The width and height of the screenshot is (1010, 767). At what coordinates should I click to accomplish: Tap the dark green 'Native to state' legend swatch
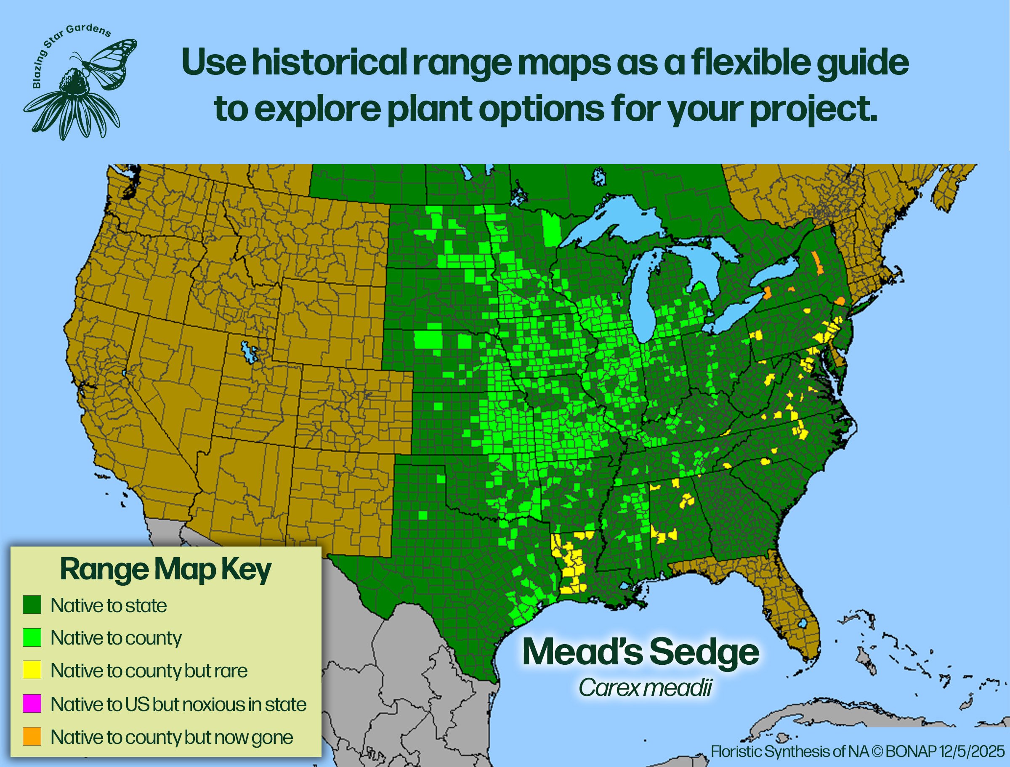pos(32,605)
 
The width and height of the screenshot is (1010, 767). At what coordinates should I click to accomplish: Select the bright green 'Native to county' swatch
pos(32,637)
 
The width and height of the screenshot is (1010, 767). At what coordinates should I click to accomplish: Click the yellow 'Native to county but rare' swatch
pos(32,670)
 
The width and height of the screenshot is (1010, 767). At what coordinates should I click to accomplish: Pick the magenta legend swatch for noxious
pos(32,703)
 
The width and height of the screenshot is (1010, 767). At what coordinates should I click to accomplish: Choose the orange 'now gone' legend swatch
pos(32,736)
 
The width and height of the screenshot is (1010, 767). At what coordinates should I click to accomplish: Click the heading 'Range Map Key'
pos(165,569)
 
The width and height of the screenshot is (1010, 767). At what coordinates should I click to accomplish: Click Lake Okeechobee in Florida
pos(802,624)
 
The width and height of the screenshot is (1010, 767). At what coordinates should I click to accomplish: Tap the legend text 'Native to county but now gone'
pos(172,737)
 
